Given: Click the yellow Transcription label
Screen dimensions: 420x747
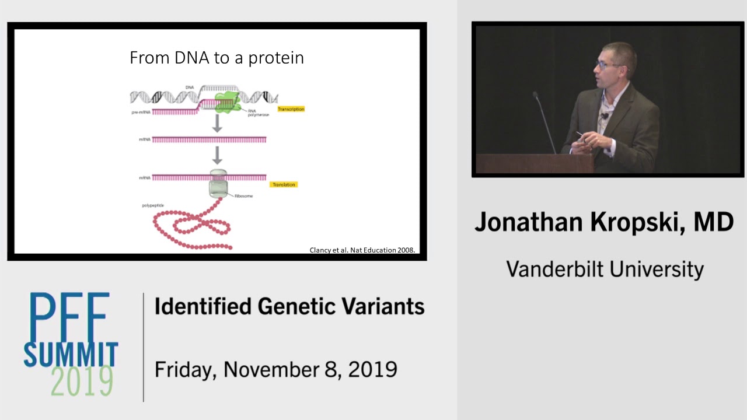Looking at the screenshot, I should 291,109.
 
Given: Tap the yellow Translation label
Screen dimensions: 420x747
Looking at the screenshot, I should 284,184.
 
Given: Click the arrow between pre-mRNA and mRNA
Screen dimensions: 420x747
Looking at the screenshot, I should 217,123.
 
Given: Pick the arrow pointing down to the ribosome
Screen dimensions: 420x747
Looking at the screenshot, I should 217,155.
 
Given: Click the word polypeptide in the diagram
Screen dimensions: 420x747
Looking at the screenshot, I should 153,205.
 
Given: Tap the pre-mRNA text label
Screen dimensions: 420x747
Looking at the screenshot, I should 141,112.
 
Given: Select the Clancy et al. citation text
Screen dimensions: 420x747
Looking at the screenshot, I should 362,250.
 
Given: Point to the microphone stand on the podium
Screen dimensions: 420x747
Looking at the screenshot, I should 545,123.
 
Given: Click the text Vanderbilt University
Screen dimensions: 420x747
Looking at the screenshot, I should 605,269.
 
